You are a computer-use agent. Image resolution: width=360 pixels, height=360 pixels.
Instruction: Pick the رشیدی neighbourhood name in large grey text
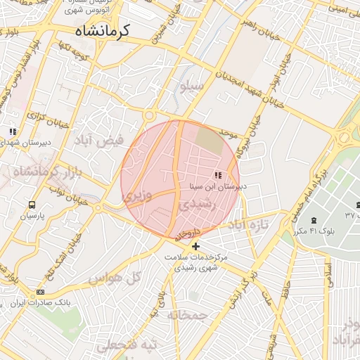pyautogui.click(x=195, y=205)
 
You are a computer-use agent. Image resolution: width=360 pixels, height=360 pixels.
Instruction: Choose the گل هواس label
pyautogui.click(x=115, y=278)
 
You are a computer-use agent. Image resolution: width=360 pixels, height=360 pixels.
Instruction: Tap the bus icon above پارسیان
pyautogui.click(x=31, y=205)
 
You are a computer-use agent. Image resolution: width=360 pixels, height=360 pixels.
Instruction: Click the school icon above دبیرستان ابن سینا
pyautogui.click(x=217, y=175)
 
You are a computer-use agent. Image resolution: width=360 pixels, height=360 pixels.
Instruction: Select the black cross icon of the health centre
pyautogui.click(x=195, y=246)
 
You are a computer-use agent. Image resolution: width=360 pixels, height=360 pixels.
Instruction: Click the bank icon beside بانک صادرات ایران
pyautogui.click(x=40, y=292)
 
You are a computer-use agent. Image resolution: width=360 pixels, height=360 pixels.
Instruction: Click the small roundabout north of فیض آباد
pyautogui.click(x=148, y=115)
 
